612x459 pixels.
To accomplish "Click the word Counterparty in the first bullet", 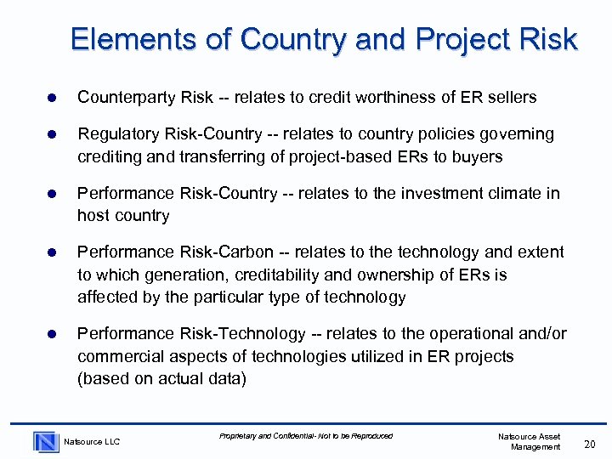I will (127, 98).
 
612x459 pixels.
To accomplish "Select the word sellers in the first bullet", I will (511, 98).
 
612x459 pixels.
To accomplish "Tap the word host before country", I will (93, 216).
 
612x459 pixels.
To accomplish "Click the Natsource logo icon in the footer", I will (46, 441).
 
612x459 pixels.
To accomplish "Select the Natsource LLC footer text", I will (93, 441).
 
